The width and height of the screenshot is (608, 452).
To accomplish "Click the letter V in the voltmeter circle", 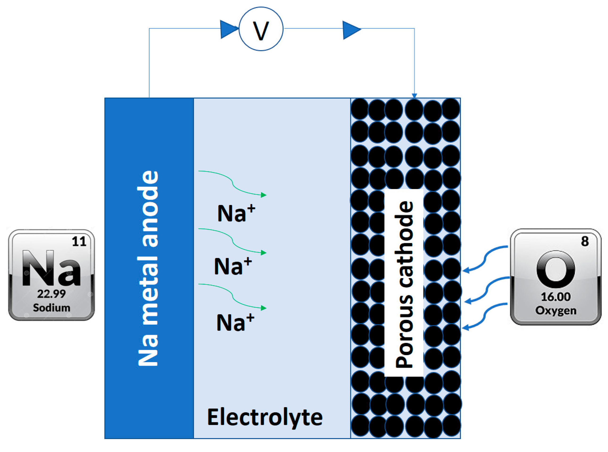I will tap(261, 31).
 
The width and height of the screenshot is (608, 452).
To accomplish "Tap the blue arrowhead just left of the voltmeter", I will tap(228, 29).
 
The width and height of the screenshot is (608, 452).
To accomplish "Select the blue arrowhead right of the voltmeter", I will tap(351, 30).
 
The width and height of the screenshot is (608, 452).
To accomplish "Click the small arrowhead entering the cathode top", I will tap(414, 96).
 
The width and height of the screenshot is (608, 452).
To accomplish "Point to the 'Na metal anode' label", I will tap(148, 268).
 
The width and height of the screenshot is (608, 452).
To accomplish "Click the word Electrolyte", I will tap(265, 417).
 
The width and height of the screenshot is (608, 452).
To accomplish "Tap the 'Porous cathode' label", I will tap(404, 285).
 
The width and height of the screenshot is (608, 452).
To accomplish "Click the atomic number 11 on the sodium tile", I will tap(79, 241).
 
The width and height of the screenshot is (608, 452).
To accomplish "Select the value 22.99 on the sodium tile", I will tap(51, 294).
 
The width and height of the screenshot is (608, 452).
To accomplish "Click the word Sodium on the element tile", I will tap(51, 308).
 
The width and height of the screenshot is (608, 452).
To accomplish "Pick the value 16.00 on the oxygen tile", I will tap(556, 297).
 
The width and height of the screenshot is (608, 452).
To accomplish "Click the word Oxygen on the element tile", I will tap(556, 310).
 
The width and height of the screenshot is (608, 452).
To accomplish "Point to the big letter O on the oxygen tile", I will tap(556, 269).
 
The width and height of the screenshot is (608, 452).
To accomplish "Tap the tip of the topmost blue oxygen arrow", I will tap(464, 271).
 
